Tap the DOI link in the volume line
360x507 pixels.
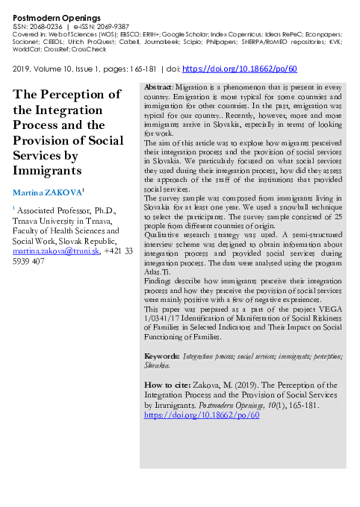click(x=240, y=69)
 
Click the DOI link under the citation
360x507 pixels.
click(x=201, y=415)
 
